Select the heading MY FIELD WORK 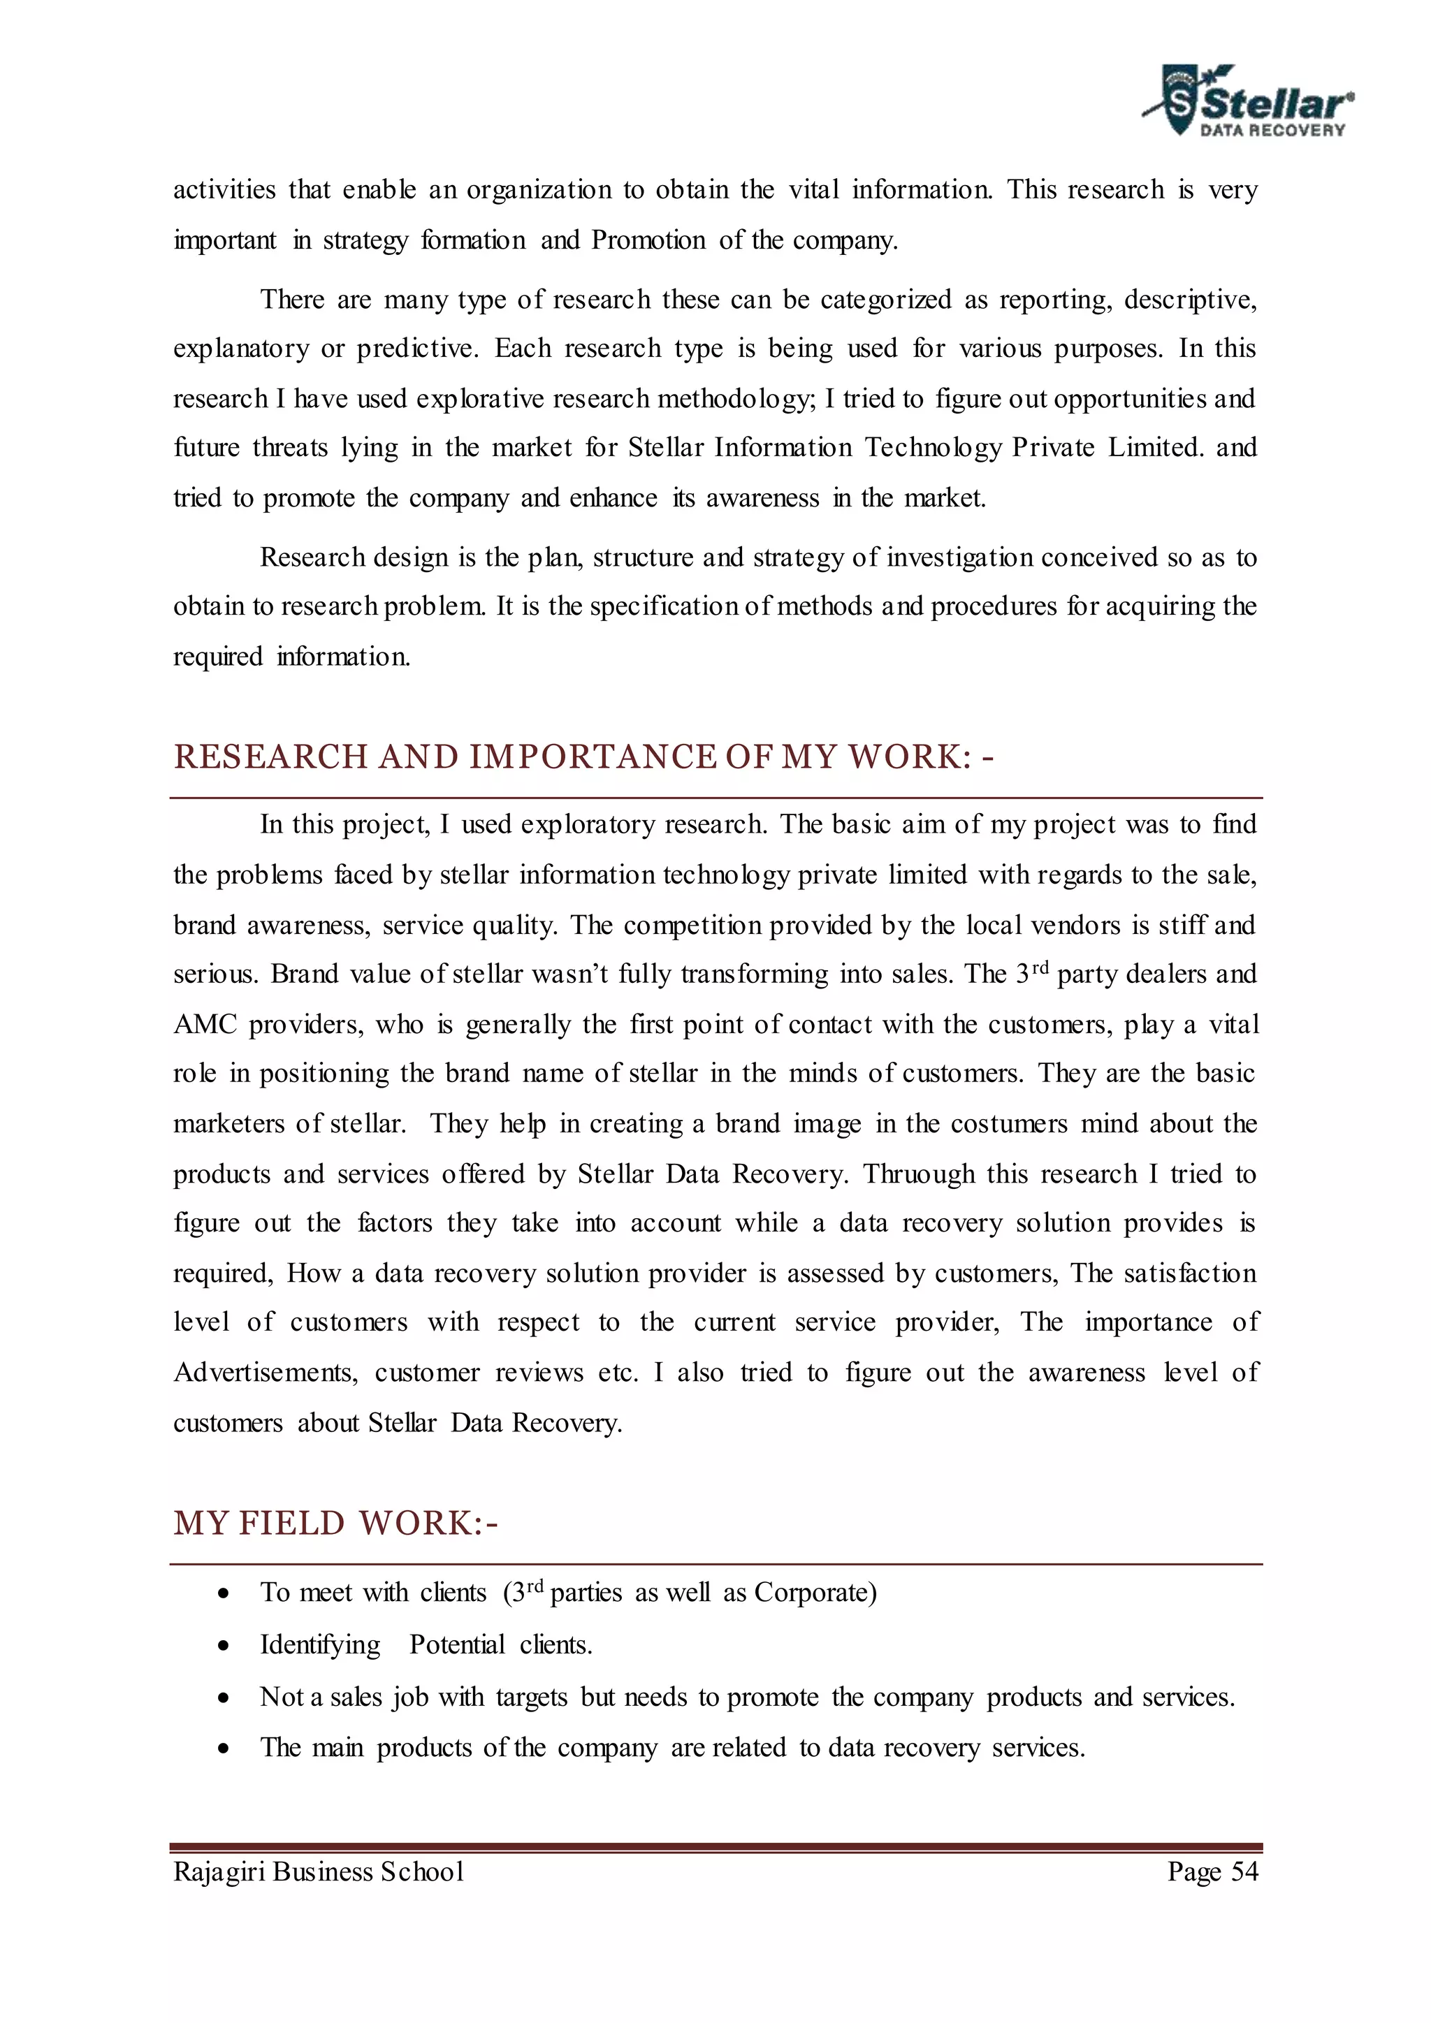coord(335,1524)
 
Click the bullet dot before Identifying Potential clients coord(226,1646)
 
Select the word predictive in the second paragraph coord(416,349)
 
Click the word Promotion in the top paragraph coord(648,240)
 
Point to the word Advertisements coord(266,1373)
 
